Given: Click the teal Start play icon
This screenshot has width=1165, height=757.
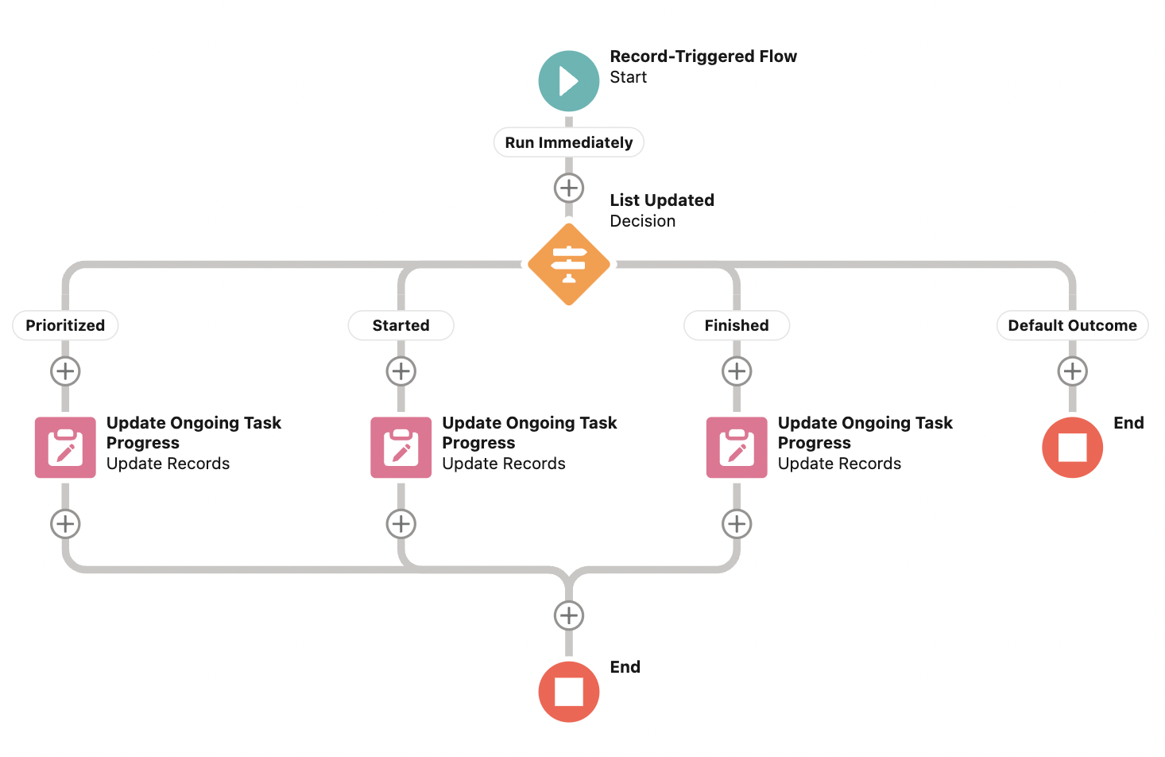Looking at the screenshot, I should (568, 81).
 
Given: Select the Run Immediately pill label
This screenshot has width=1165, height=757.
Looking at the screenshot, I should (568, 142).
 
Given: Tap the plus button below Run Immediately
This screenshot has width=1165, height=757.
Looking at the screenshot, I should (568, 188).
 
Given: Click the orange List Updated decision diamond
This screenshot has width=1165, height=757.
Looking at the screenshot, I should (568, 264).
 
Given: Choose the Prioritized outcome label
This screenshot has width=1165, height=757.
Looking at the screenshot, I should (65, 325).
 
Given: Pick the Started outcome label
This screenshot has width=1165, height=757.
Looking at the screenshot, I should (401, 325).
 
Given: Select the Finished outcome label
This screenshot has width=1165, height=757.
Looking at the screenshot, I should (736, 325).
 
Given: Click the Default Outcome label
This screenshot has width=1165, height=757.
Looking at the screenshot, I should (1072, 325).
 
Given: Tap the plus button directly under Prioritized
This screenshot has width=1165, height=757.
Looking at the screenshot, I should (65, 371).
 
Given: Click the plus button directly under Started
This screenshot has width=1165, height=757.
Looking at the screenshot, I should (401, 371).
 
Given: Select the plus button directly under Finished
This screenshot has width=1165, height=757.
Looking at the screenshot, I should (737, 371).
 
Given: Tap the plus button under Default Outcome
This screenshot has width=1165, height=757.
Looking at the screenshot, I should (1072, 371).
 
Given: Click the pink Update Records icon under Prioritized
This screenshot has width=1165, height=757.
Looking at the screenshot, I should (65, 448).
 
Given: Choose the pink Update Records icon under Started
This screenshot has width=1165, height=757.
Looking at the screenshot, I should (401, 448).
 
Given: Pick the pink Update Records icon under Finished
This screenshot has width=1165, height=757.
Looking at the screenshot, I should (737, 448).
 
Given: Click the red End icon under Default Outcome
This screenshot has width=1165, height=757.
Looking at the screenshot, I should (1072, 448).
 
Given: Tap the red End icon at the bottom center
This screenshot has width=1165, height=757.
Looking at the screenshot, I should (568, 692).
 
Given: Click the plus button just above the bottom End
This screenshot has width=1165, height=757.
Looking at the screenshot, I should (568, 615).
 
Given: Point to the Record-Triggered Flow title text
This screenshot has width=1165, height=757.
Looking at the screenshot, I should (702, 56).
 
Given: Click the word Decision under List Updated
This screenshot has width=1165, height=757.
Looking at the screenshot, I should (642, 221).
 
